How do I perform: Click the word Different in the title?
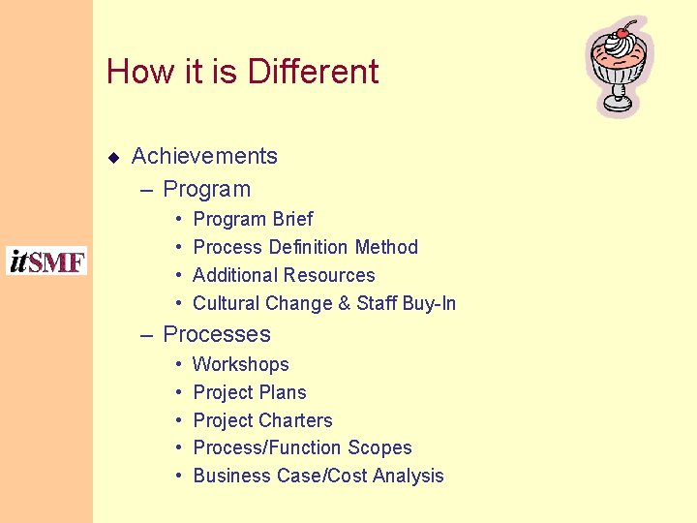click(x=313, y=72)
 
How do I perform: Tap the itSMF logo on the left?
click(x=46, y=261)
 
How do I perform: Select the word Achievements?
click(x=204, y=156)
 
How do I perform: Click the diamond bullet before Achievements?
click(x=113, y=157)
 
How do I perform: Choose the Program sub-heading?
click(x=206, y=189)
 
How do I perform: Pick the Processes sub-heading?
click(x=217, y=334)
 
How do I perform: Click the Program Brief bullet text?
click(x=253, y=219)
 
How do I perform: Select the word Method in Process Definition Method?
click(x=386, y=247)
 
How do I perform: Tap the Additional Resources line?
click(x=284, y=275)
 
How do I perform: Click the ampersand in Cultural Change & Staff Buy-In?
click(x=344, y=303)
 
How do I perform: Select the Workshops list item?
click(x=241, y=364)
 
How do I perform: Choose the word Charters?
click(x=294, y=420)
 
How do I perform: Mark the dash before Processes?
click(x=147, y=335)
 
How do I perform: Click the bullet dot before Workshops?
click(x=179, y=365)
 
